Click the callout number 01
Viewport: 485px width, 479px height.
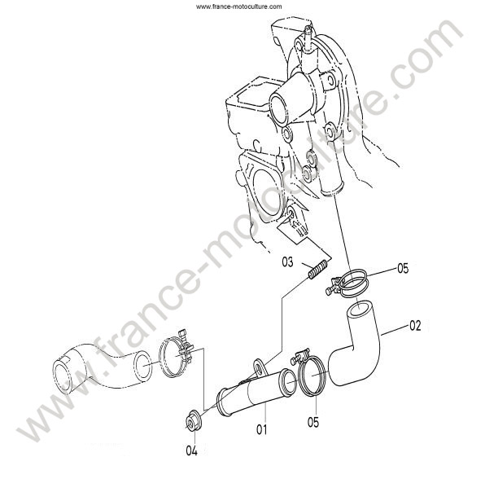click(x=262, y=429)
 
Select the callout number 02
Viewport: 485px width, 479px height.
click(x=415, y=326)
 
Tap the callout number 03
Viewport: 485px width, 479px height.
click(x=287, y=262)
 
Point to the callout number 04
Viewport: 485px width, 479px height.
click(x=191, y=451)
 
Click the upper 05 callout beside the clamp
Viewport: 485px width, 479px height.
click(x=403, y=269)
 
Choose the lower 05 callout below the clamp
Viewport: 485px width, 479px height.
click(x=313, y=422)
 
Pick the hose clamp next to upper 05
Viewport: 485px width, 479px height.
click(x=348, y=283)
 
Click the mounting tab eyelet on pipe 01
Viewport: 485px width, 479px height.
click(x=259, y=367)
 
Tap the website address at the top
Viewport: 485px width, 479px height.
click(x=238, y=7)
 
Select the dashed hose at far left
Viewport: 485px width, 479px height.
click(x=102, y=368)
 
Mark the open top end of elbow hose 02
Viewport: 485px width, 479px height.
click(x=359, y=310)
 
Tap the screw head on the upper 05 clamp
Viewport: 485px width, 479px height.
click(x=329, y=292)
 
